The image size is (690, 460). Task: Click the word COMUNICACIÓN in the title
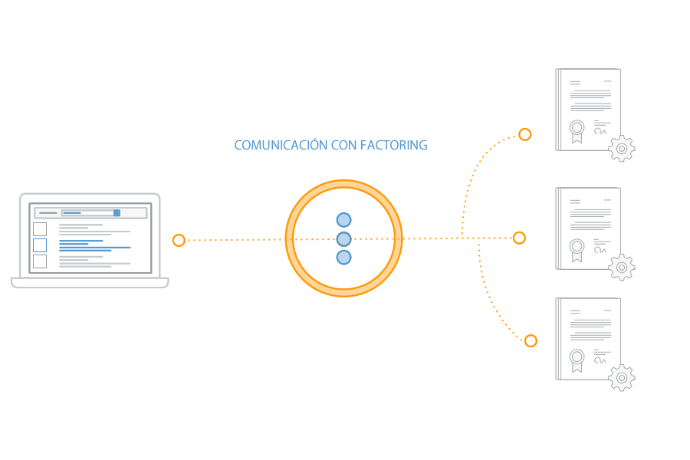tap(281, 145)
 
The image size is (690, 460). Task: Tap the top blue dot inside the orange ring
tap(343, 220)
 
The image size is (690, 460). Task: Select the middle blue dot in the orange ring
tap(343, 238)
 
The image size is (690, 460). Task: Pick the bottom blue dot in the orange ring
tap(343, 257)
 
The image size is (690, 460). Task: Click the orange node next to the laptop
tap(179, 240)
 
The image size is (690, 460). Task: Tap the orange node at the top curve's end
tap(524, 135)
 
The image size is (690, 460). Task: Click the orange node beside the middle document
tap(519, 238)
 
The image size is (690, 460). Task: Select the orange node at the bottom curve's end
tap(530, 340)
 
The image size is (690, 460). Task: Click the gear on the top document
tap(622, 148)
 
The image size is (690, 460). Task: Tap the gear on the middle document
tap(622, 268)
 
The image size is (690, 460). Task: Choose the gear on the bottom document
tap(622, 378)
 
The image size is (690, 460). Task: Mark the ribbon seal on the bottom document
tap(577, 358)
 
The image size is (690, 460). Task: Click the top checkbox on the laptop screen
tap(40, 228)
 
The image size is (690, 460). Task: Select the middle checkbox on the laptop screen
tap(40, 245)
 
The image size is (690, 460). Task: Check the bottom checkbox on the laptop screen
tap(40, 261)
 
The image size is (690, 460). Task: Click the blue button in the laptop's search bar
tap(117, 212)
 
